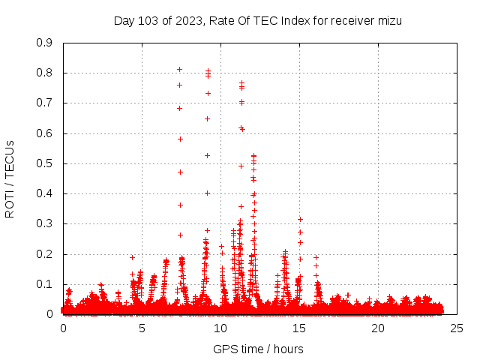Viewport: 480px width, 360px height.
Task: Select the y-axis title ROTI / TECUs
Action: [x=10, y=178]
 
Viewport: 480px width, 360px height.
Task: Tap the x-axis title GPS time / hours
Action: [x=258, y=349]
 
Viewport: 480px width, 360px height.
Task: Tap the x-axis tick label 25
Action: [x=457, y=328]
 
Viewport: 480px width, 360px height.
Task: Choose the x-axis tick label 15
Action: [x=299, y=328]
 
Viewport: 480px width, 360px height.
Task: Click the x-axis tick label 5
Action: [x=142, y=328]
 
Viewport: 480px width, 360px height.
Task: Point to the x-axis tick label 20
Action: [x=378, y=328]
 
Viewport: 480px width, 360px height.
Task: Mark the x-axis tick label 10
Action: [x=220, y=328]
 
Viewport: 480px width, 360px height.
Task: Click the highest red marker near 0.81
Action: [x=179, y=70]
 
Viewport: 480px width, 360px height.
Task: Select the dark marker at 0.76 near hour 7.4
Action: [x=179, y=85]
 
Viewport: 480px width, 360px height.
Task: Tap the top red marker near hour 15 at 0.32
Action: [x=300, y=219]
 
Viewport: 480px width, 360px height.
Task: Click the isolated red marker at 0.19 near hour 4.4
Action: [x=132, y=257]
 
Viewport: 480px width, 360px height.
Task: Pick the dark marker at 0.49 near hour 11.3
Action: [x=241, y=166]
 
